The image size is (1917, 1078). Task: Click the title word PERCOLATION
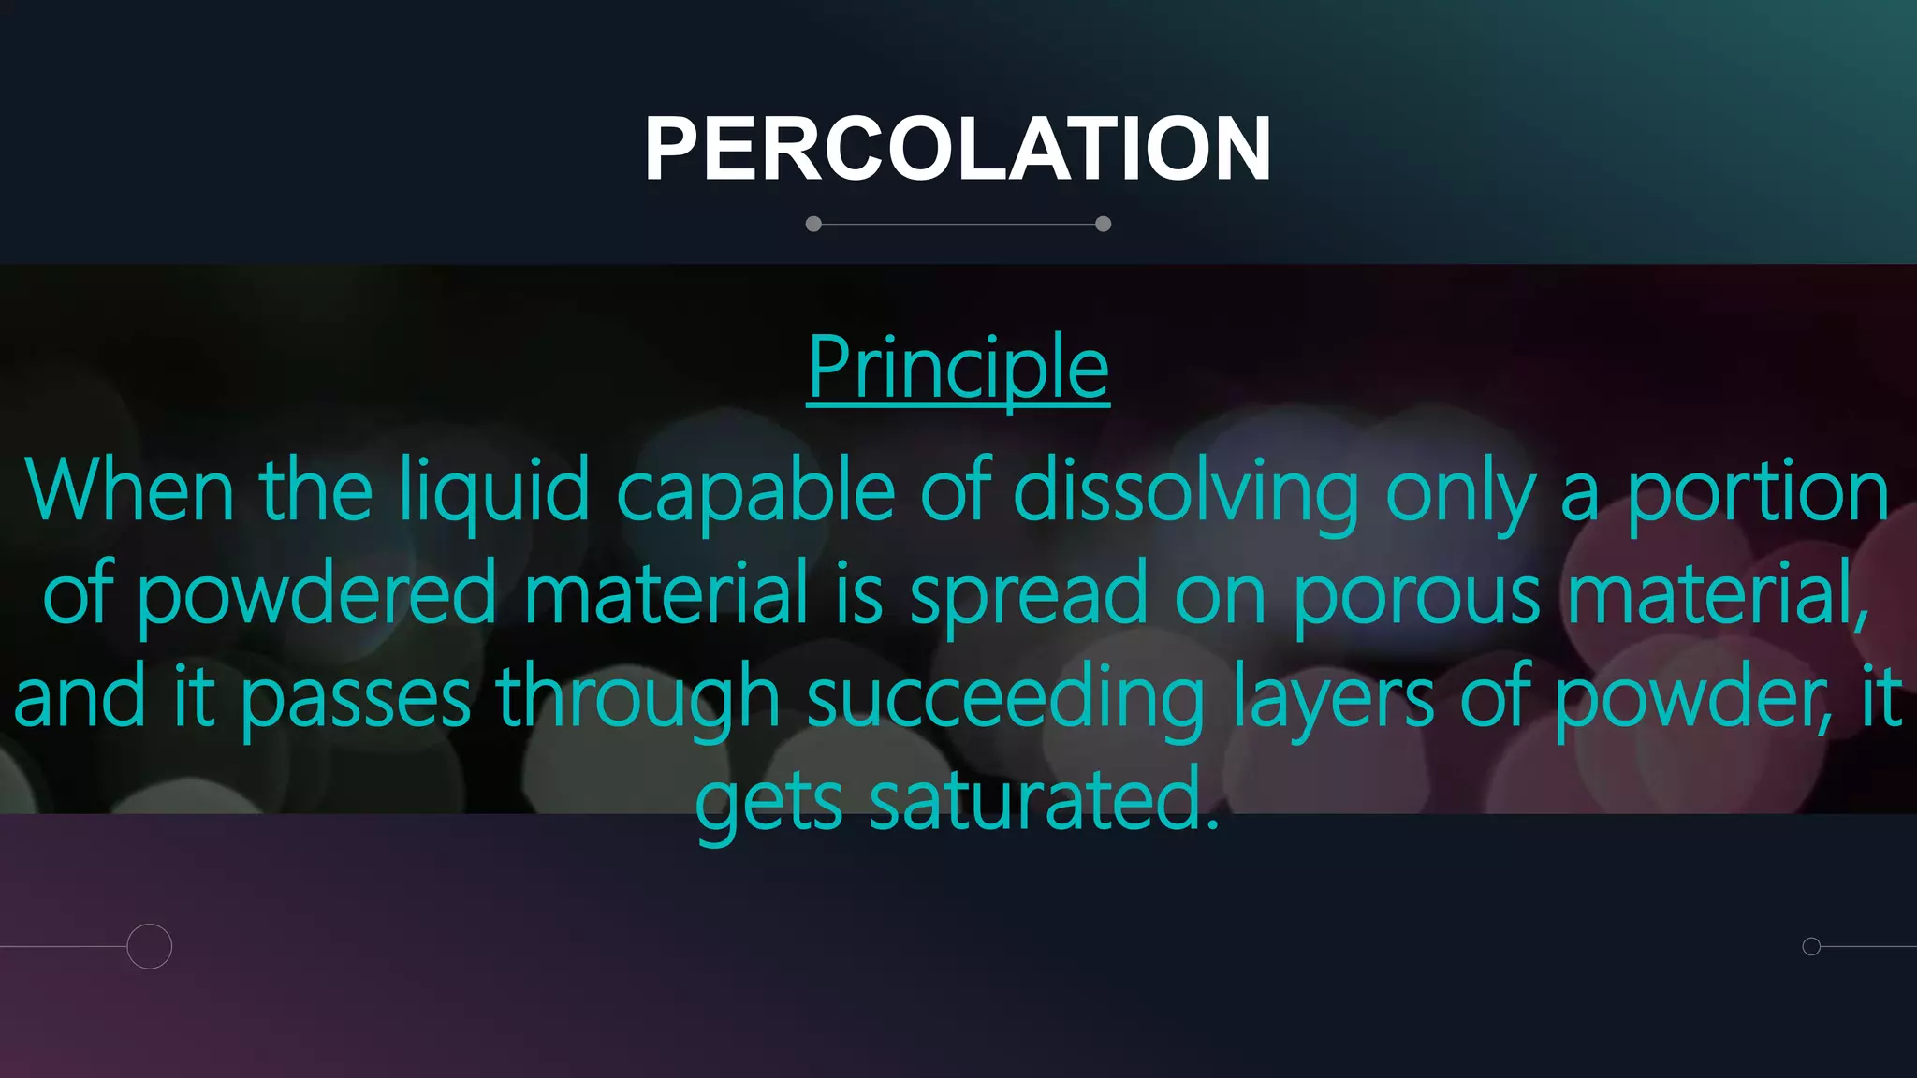click(x=958, y=149)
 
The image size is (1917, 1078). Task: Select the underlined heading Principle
click(x=958, y=369)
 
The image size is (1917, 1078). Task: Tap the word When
click(x=129, y=491)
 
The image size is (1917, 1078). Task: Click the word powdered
click(x=316, y=595)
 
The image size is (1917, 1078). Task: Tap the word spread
click(x=1028, y=595)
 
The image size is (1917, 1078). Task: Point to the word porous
click(x=1416, y=595)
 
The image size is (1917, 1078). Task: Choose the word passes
click(x=356, y=698)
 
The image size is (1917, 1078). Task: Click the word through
click(x=637, y=698)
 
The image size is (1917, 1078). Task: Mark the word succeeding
click(x=1005, y=698)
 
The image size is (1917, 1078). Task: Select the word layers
click(x=1333, y=698)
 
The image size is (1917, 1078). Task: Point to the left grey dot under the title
click(x=813, y=224)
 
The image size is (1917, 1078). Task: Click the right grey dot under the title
click(x=1103, y=224)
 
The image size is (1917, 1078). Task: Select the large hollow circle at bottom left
click(x=150, y=946)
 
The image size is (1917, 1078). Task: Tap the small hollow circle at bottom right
click(x=1811, y=946)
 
